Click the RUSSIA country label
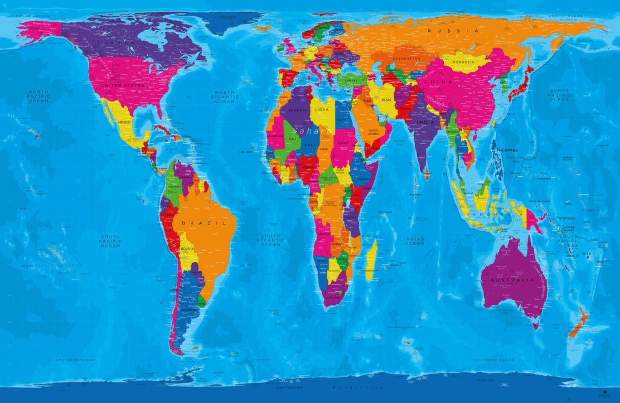click(453, 30)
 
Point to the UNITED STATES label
click(123, 86)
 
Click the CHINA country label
click(438, 82)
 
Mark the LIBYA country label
click(322, 110)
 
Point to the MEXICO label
click(124, 122)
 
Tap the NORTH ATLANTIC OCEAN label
click(225, 97)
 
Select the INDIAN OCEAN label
click(414, 241)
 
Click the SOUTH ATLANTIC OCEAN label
click(271, 240)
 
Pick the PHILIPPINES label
click(507, 150)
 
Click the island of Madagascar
click(371, 255)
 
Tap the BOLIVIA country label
click(188, 249)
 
